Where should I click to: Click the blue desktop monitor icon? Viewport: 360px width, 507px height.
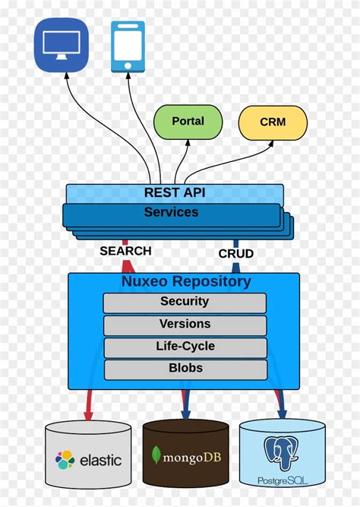[61, 46]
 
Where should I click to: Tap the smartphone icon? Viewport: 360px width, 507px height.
[128, 46]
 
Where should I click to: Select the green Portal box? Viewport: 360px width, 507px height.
[188, 122]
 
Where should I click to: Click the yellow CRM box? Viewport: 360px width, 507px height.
[273, 122]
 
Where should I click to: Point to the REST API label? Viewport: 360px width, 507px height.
[174, 193]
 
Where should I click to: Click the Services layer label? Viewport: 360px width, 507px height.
[172, 213]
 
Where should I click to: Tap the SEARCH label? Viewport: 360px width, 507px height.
[125, 251]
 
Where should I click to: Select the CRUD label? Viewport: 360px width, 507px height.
[235, 253]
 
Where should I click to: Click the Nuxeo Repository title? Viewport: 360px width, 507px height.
[186, 282]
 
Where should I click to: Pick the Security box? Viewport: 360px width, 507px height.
[185, 302]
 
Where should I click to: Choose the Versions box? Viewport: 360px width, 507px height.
[185, 325]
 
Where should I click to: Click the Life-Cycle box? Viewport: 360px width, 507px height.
[185, 347]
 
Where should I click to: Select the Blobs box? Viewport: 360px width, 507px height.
[185, 369]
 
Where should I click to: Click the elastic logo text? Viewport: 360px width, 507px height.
[100, 460]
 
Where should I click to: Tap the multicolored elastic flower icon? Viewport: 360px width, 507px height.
[65, 460]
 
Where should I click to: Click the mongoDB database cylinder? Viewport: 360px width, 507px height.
[185, 453]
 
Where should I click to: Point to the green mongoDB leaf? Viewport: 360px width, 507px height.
[156, 456]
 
